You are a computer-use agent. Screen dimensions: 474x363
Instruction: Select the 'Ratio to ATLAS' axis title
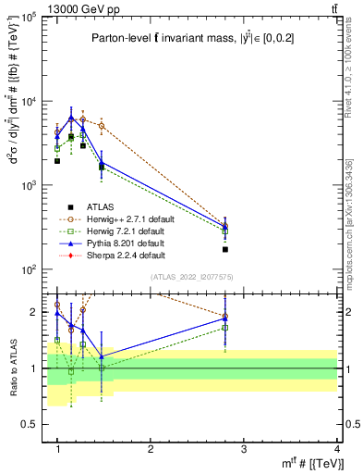(x=13, y=368)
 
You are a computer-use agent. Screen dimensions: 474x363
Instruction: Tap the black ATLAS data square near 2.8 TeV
(x=225, y=249)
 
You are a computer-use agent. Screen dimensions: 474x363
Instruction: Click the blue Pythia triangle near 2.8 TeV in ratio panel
(x=225, y=319)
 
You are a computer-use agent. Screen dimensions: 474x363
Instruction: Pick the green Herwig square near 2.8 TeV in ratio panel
(x=225, y=328)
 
